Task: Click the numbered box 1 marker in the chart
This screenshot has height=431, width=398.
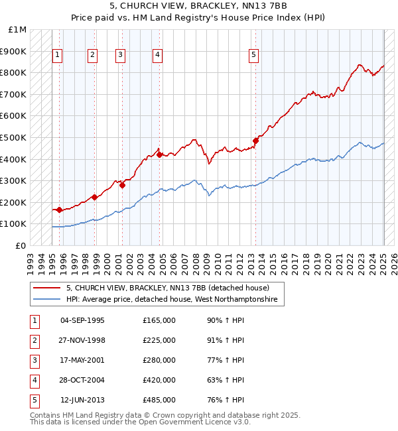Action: coord(58,55)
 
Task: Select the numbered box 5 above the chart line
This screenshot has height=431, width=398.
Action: coord(254,55)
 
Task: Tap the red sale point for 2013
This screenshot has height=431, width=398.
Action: coord(255,141)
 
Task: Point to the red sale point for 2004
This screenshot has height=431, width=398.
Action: coord(159,154)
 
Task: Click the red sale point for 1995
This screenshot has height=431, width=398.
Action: coord(59,210)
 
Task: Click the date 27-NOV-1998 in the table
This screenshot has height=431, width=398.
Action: coord(82,340)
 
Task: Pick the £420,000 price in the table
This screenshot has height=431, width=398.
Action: coord(159,380)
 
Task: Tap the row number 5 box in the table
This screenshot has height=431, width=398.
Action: coord(34,400)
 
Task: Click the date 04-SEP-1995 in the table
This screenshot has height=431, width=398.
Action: coord(82,320)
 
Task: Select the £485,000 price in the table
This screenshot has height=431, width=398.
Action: coord(159,400)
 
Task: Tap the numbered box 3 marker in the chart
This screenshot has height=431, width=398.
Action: coord(120,55)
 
